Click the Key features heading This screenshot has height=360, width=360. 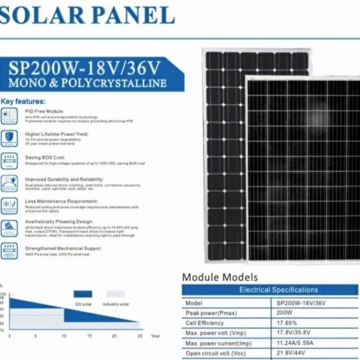coord(23,101)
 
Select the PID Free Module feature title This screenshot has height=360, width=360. coord(44,111)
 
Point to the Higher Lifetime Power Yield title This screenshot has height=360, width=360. coord(56,134)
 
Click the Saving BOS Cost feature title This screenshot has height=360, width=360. coord(45,158)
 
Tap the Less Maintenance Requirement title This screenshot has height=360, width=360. coord(61,201)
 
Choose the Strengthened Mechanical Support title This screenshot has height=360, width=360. coord(63,248)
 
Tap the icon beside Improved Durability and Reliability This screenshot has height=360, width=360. coord(9,182)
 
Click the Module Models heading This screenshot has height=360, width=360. coord(219,277)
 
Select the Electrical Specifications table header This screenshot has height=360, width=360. coord(278,290)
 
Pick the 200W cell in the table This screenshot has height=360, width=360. coord(284,313)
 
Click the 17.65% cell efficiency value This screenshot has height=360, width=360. coord(287,323)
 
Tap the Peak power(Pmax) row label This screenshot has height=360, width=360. coord(207,313)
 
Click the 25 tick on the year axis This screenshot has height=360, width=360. coord(140,337)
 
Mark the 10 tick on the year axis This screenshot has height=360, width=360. coord(63,337)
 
